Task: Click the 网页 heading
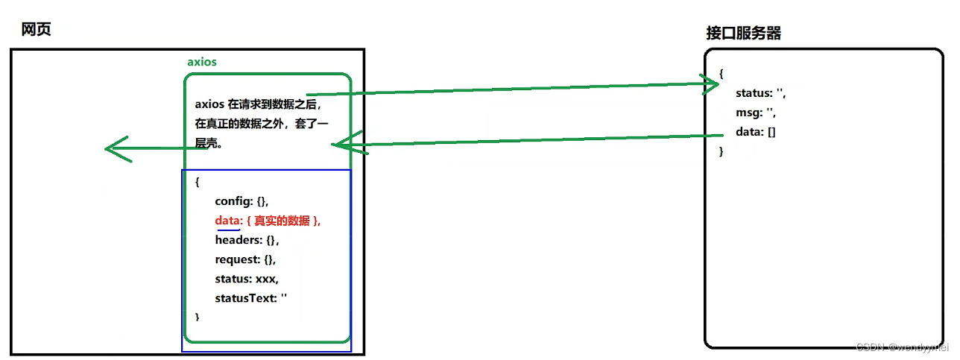point(36,30)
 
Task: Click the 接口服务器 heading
point(743,34)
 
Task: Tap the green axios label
point(202,62)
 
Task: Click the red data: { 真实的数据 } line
point(268,221)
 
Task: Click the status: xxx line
point(246,279)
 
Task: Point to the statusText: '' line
point(251,298)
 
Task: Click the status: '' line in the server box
point(760,93)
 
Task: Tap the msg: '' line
point(756,113)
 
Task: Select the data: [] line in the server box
point(757,132)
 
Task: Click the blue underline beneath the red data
point(227,230)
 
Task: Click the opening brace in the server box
point(721,74)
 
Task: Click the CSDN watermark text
point(901,348)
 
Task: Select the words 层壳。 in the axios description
point(210,143)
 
